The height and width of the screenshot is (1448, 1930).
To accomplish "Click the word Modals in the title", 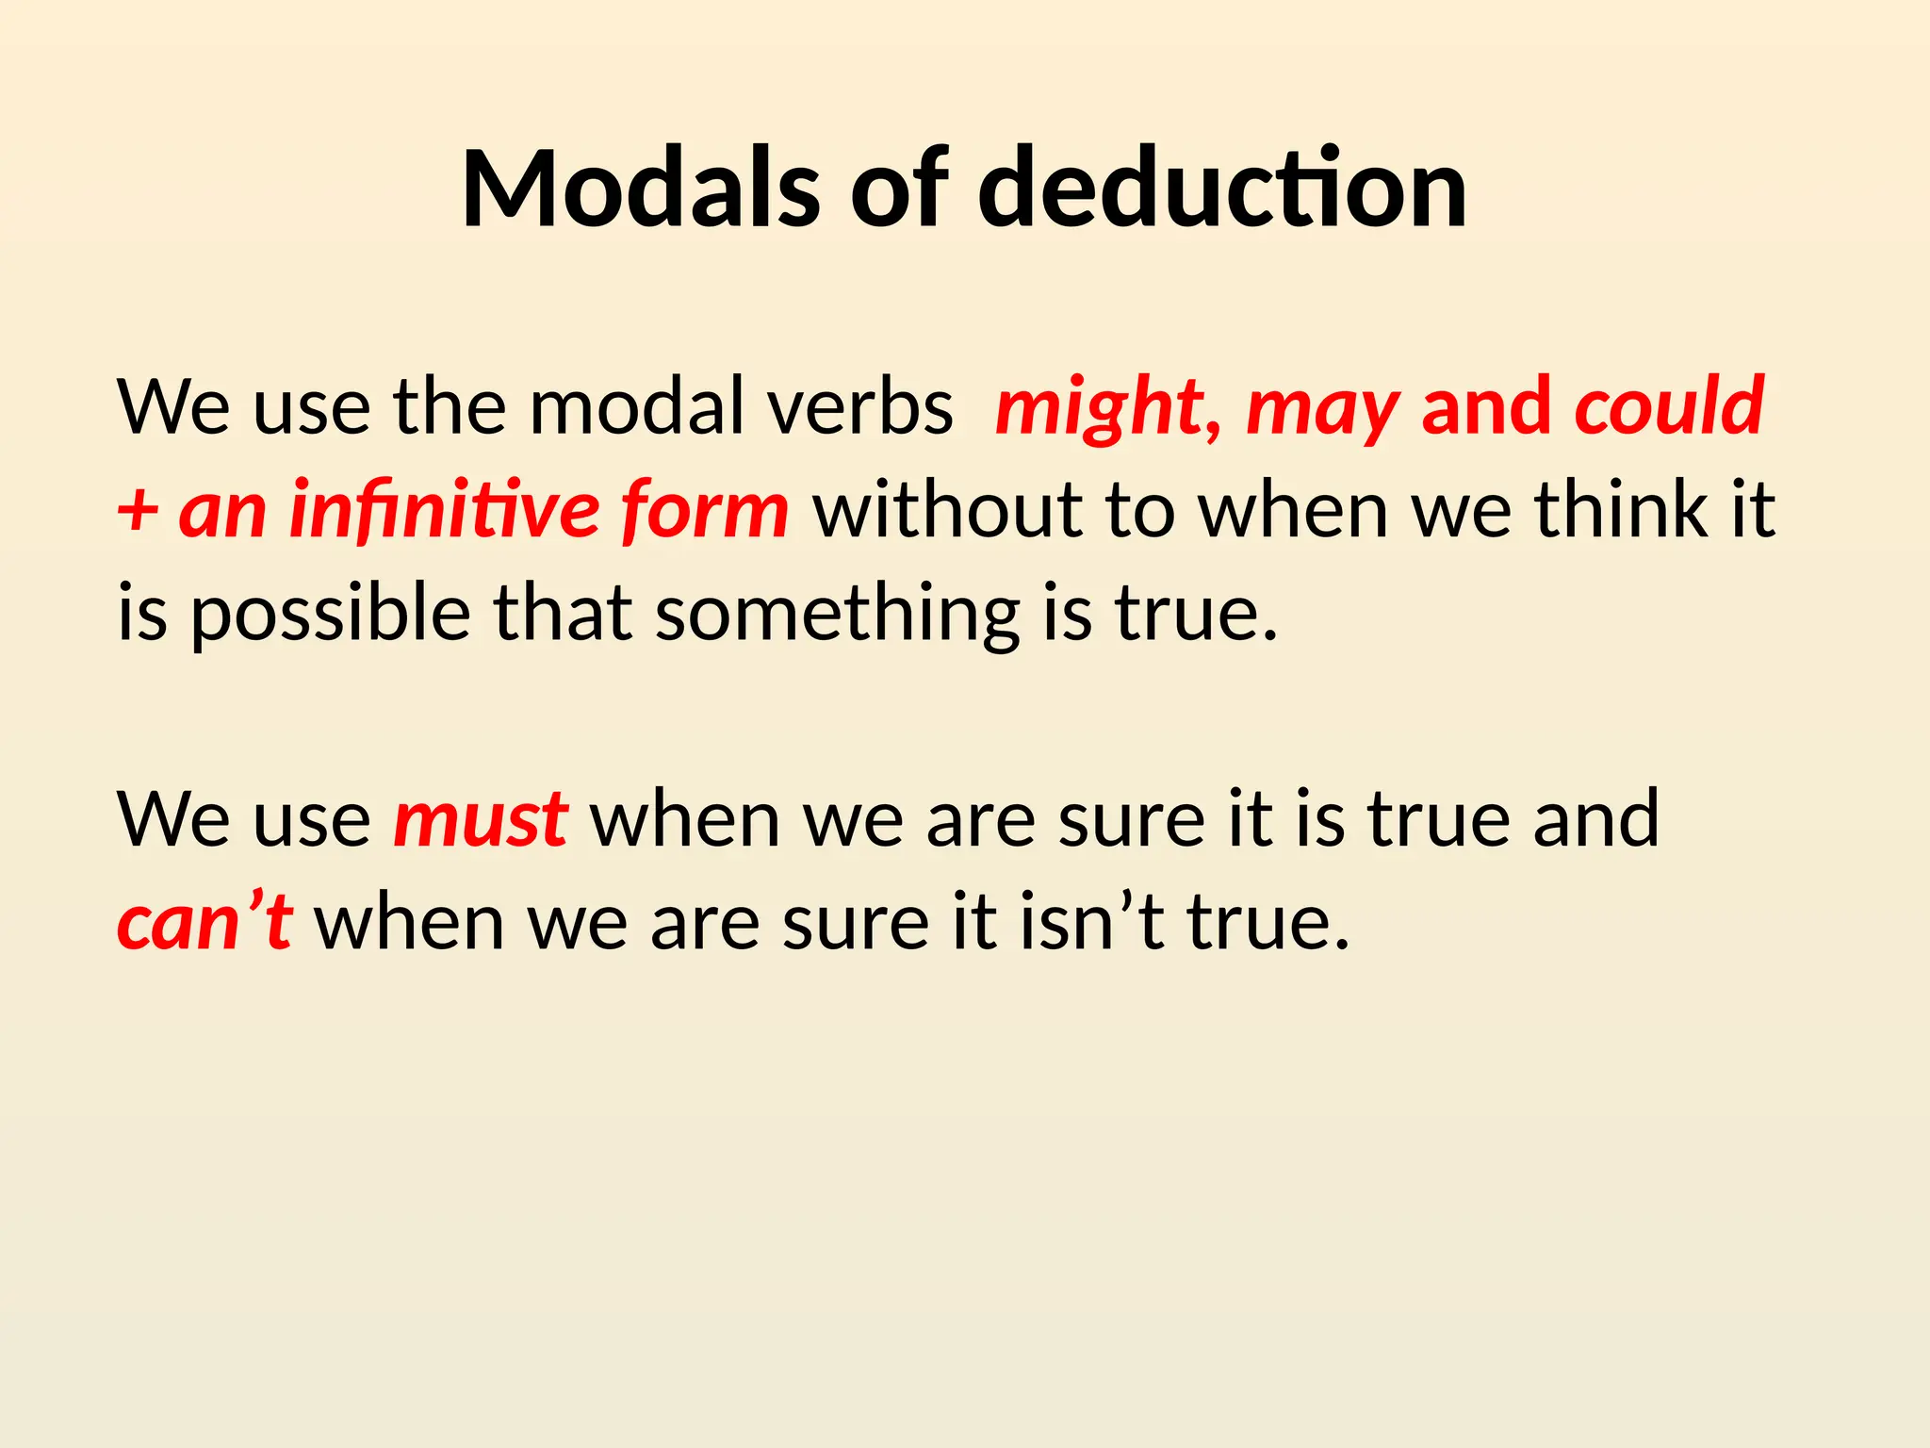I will pos(641,189).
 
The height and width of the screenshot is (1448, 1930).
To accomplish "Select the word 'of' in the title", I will pos(899,189).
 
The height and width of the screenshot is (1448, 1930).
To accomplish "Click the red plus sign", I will pos(138,513).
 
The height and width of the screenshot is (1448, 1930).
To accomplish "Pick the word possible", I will pos(331,616).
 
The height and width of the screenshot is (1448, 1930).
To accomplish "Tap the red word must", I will pos(480,818).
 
